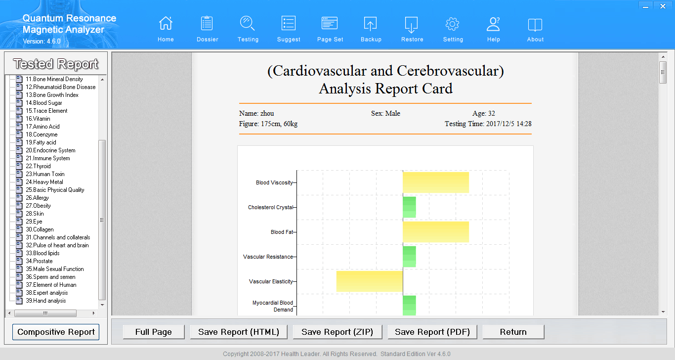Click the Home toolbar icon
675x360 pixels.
click(x=166, y=24)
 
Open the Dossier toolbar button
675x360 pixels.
click(x=207, y=24)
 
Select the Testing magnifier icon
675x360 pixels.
click(x=248, y=24)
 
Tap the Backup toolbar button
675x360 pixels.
click(x=371, y=24)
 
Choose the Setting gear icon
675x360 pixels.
click(x=453, y=24)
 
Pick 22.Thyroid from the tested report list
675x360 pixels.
click(x=38, y=166)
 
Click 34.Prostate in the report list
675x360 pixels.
click(x=39, y=261)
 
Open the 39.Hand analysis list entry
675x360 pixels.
click(x=45, y=301)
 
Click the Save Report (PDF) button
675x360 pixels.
click(x=432, y=332)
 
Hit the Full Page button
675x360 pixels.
click(x=154, y=332)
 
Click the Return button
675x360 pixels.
click(x=513, y=332)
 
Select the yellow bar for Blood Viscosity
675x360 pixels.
click(x=435, y=182)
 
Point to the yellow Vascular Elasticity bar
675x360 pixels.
click(x=370, y=281)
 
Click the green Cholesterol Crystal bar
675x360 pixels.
click(x=409, y=207)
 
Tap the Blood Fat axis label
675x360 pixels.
click(x=282, y=232)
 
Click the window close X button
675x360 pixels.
click(x=662, y=5)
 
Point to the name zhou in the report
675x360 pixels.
click(x=267, y=113)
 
